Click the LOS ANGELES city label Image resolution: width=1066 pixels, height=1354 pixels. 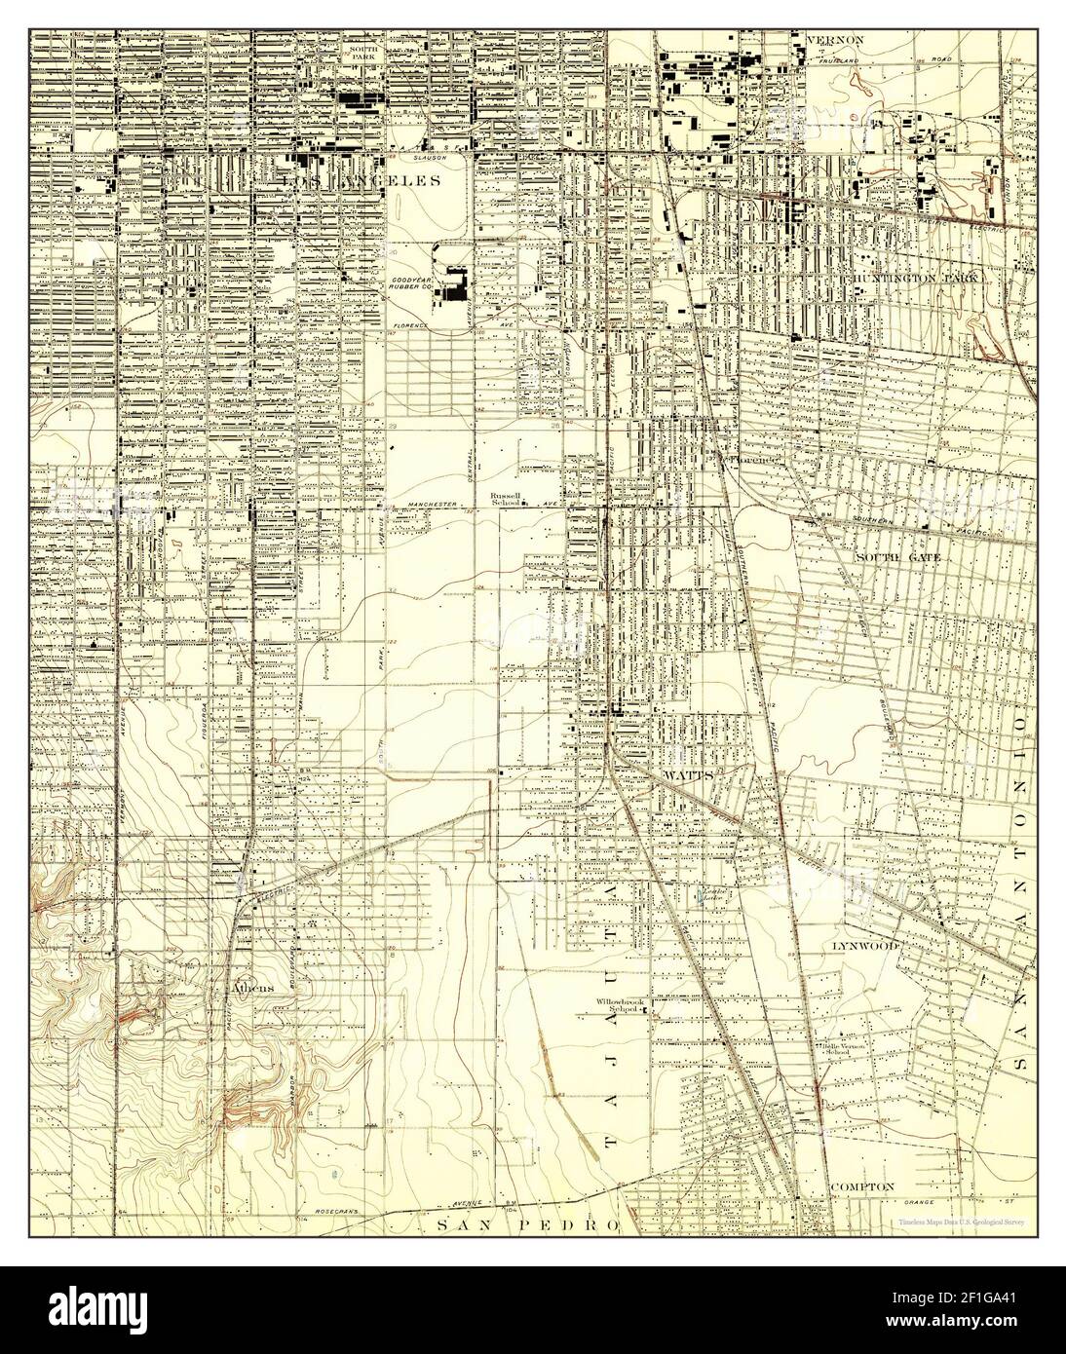pos(360,180)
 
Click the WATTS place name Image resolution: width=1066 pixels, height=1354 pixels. pos(688,773)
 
